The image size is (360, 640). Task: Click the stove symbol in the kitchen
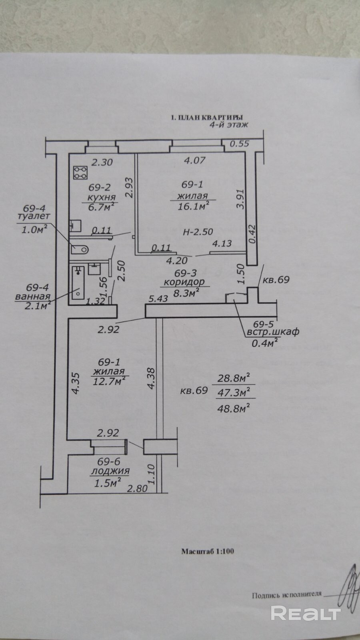tap(80, 172)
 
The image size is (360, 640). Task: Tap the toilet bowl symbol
tap(80, 250)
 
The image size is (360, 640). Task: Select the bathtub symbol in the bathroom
tap(78, 282)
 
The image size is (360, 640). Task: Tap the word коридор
tap(184, 282)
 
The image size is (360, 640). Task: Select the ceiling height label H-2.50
tap(198, 232)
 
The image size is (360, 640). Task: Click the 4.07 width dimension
tap(194, 160)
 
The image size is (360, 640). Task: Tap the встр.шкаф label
tap(273, 332)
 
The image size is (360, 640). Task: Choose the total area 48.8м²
tap(234, 408)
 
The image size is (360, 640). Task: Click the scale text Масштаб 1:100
tap(208, 551)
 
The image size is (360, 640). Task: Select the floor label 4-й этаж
tap(229, 124)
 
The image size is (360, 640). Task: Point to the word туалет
tap(34, 216)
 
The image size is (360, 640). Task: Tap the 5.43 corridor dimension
tap(158, 299)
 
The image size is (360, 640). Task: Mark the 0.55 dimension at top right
tap(240, 144)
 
